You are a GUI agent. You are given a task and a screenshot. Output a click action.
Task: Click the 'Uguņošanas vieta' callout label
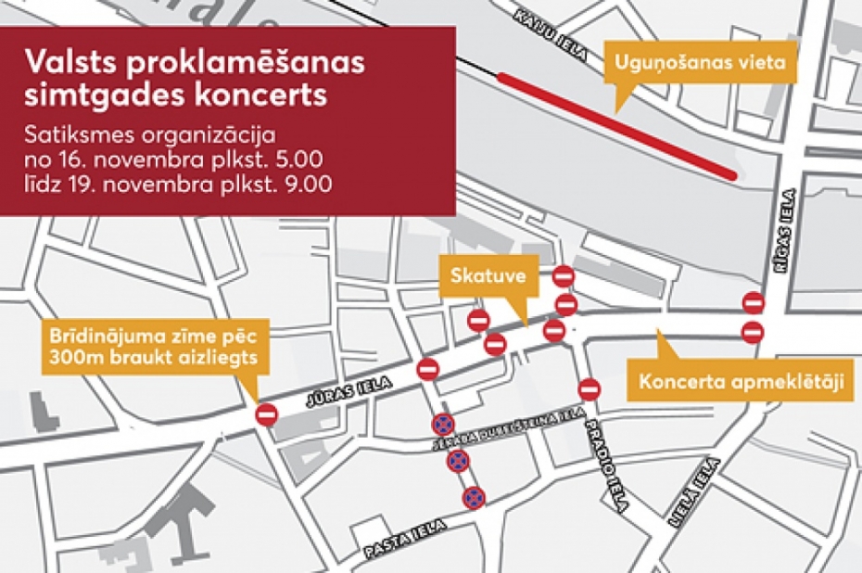pos(699,65)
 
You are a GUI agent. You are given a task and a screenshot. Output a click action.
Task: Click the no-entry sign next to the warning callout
pos(267,414)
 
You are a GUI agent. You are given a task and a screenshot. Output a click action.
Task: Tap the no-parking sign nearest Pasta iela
pos(475,497)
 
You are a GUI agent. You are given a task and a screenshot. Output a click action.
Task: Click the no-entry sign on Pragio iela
pos(588,388)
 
